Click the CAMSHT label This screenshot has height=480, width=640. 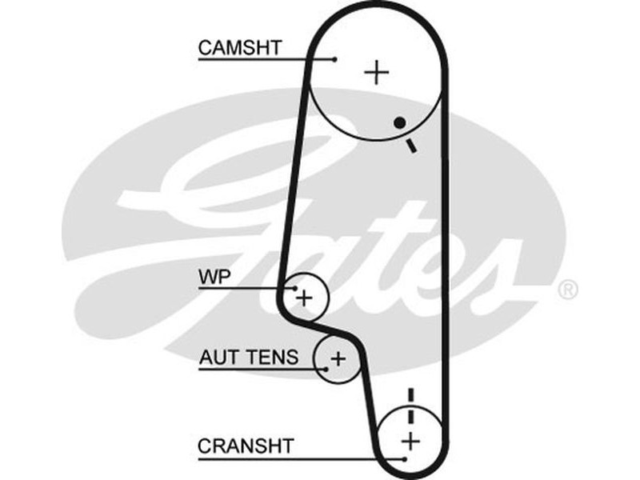coord(240,47)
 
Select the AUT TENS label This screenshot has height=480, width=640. coord(248,357)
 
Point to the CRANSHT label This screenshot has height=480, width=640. coord(246,445)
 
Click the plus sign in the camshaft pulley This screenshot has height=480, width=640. coord(376,73)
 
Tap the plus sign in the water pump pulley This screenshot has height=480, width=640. coord(304,298)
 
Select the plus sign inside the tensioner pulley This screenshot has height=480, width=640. coord(338,358)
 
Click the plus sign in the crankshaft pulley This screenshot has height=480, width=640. coord(410,440)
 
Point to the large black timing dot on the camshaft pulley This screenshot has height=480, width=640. coord(398,123)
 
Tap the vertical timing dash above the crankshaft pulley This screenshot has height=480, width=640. coord(410,395)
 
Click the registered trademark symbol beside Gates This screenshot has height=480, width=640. coord(566,289)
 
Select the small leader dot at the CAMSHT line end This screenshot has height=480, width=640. coord(336,58)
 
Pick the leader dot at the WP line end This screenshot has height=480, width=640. coord(292,288)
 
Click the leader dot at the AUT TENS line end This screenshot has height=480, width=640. coord(326,368)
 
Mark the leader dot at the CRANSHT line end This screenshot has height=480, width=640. coord(405,458)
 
